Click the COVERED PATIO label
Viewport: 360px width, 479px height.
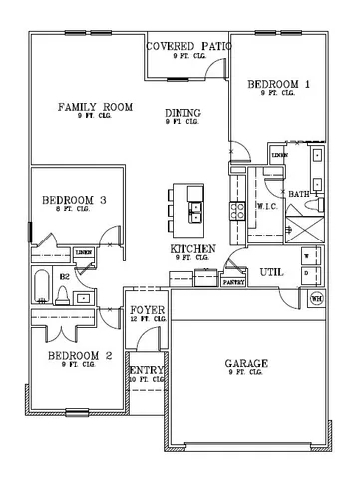point(189,46)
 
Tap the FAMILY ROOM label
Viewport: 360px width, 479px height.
point(96,107)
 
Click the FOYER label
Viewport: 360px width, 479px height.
point(147,310)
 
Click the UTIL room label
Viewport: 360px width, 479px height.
point(272,271)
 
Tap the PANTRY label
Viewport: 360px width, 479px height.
point(234,282)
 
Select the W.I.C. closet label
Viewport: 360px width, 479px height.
point(266,206)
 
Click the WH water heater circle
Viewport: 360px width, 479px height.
point(318,297)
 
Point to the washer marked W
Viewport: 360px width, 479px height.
point(307,255)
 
